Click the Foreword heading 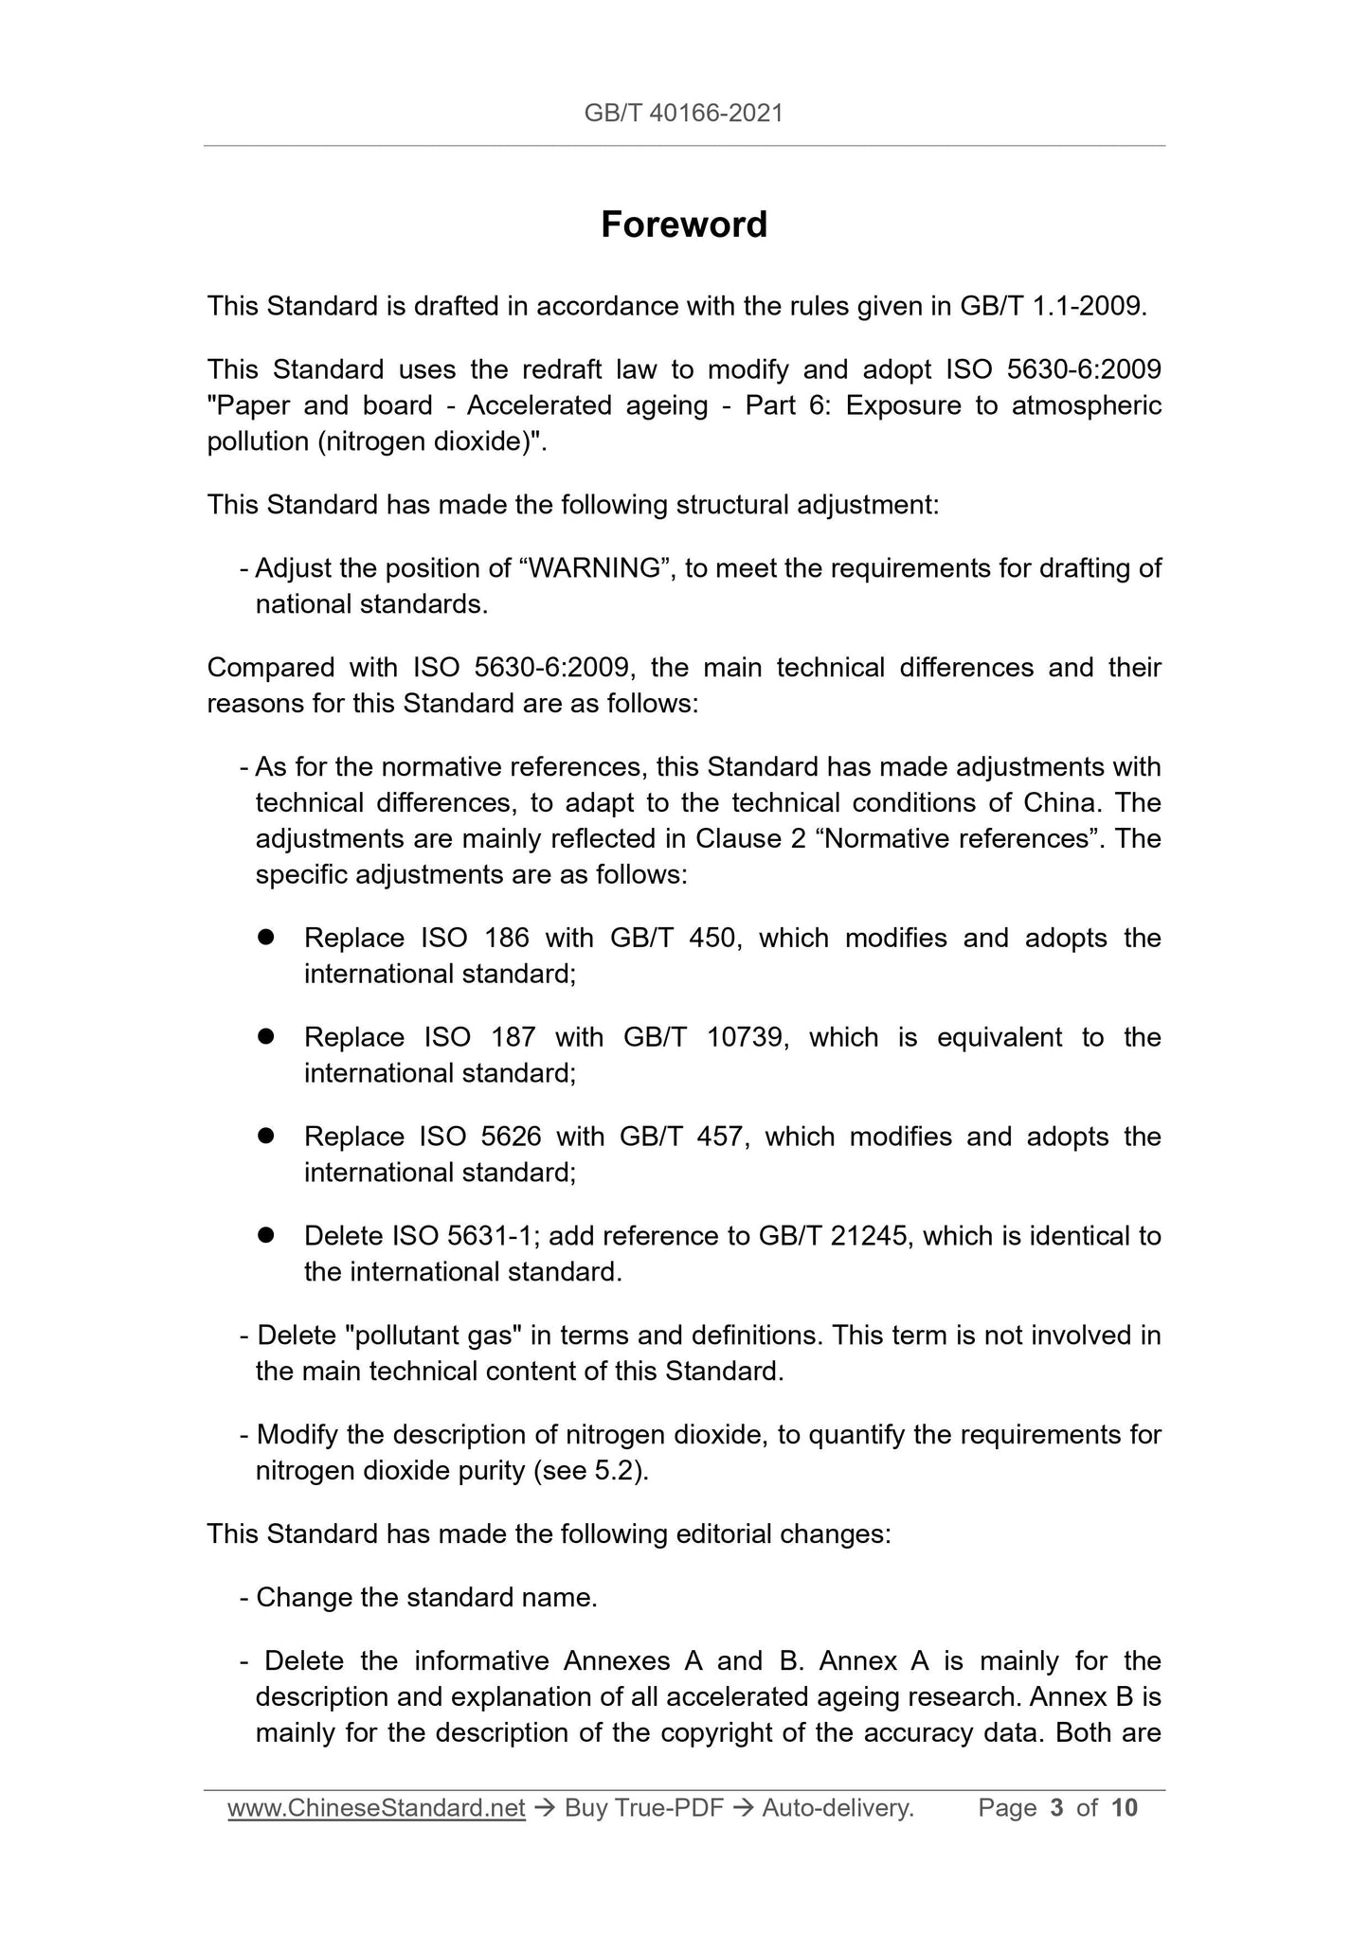click(684, 225)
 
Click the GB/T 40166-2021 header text click(684, 114)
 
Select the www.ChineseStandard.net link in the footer click(376, 1808)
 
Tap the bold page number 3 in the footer click(1056, 1808)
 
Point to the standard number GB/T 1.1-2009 click(1052, 307)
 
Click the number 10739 click(747, 1037)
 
